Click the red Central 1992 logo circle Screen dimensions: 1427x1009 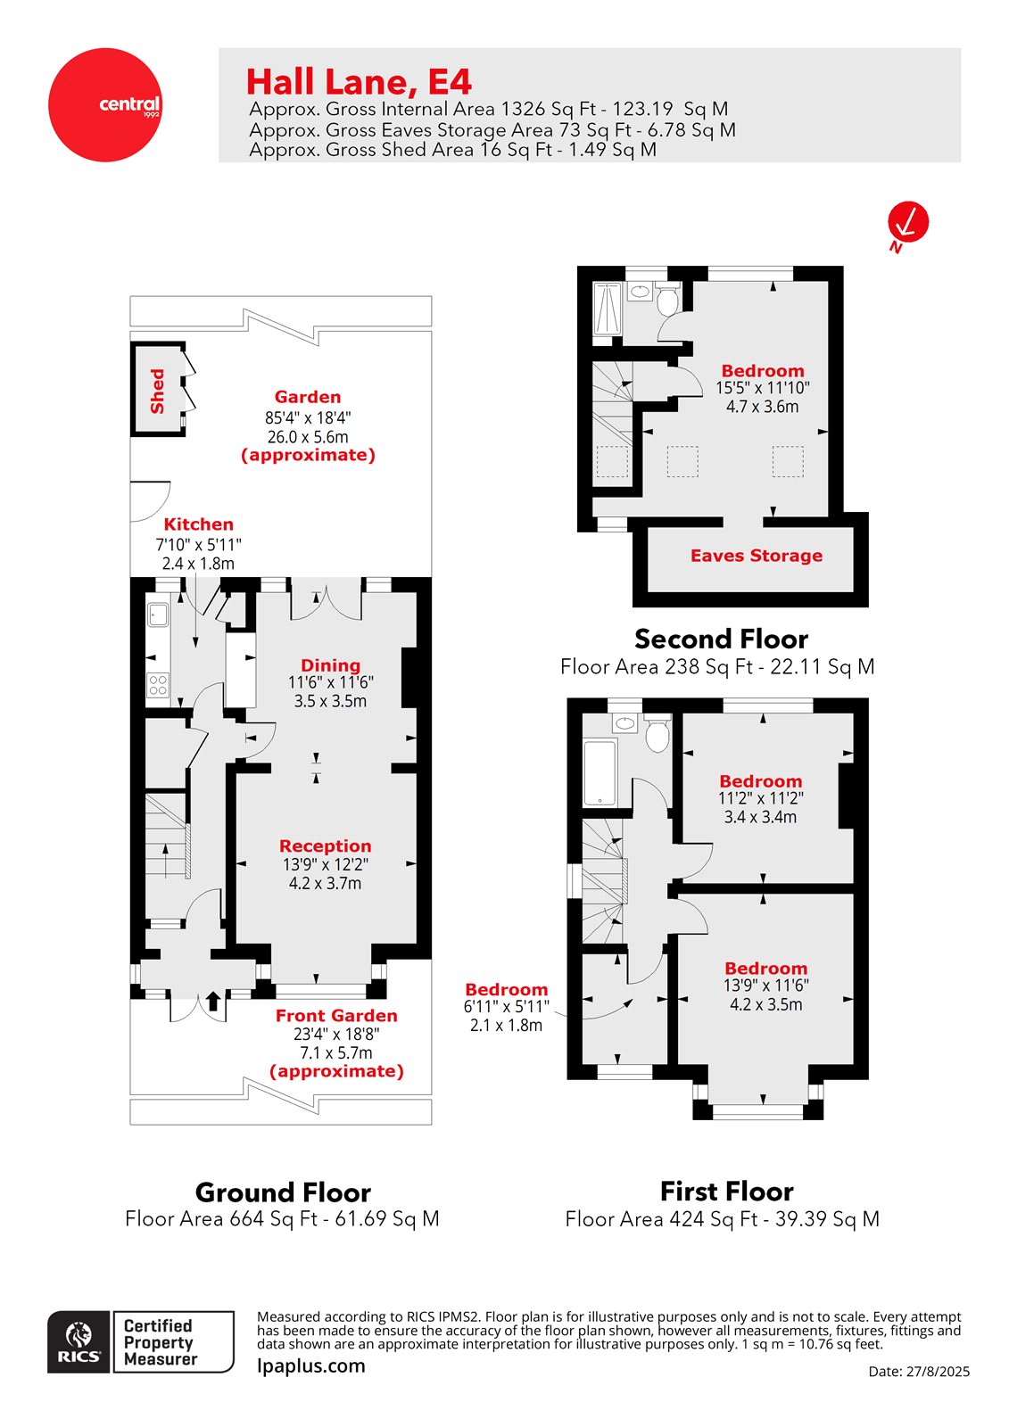point(104,105)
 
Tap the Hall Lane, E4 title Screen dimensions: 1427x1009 point(358,82)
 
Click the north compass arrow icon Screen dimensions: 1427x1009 point(907,222)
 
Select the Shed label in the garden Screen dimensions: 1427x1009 point(158,391)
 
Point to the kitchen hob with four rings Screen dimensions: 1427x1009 point(158,685)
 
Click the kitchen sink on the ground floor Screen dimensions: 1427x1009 point(159,615)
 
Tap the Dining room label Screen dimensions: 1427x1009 point(330,665)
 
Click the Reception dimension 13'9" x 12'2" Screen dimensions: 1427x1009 point(326,864)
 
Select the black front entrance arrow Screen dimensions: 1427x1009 point(212,1001)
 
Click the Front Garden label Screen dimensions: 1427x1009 point(336,1016)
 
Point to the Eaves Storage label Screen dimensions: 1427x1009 point(757,556)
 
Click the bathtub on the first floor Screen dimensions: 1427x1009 point(600,772)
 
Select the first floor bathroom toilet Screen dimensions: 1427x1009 point(658,735)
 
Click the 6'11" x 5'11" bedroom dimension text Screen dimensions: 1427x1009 point(506,1007)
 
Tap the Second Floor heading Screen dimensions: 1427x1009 point(721,639)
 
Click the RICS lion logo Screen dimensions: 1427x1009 point(79,1341)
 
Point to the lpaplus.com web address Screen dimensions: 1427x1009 point(310,1365)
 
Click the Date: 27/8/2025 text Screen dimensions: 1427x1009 point(919,1372)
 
